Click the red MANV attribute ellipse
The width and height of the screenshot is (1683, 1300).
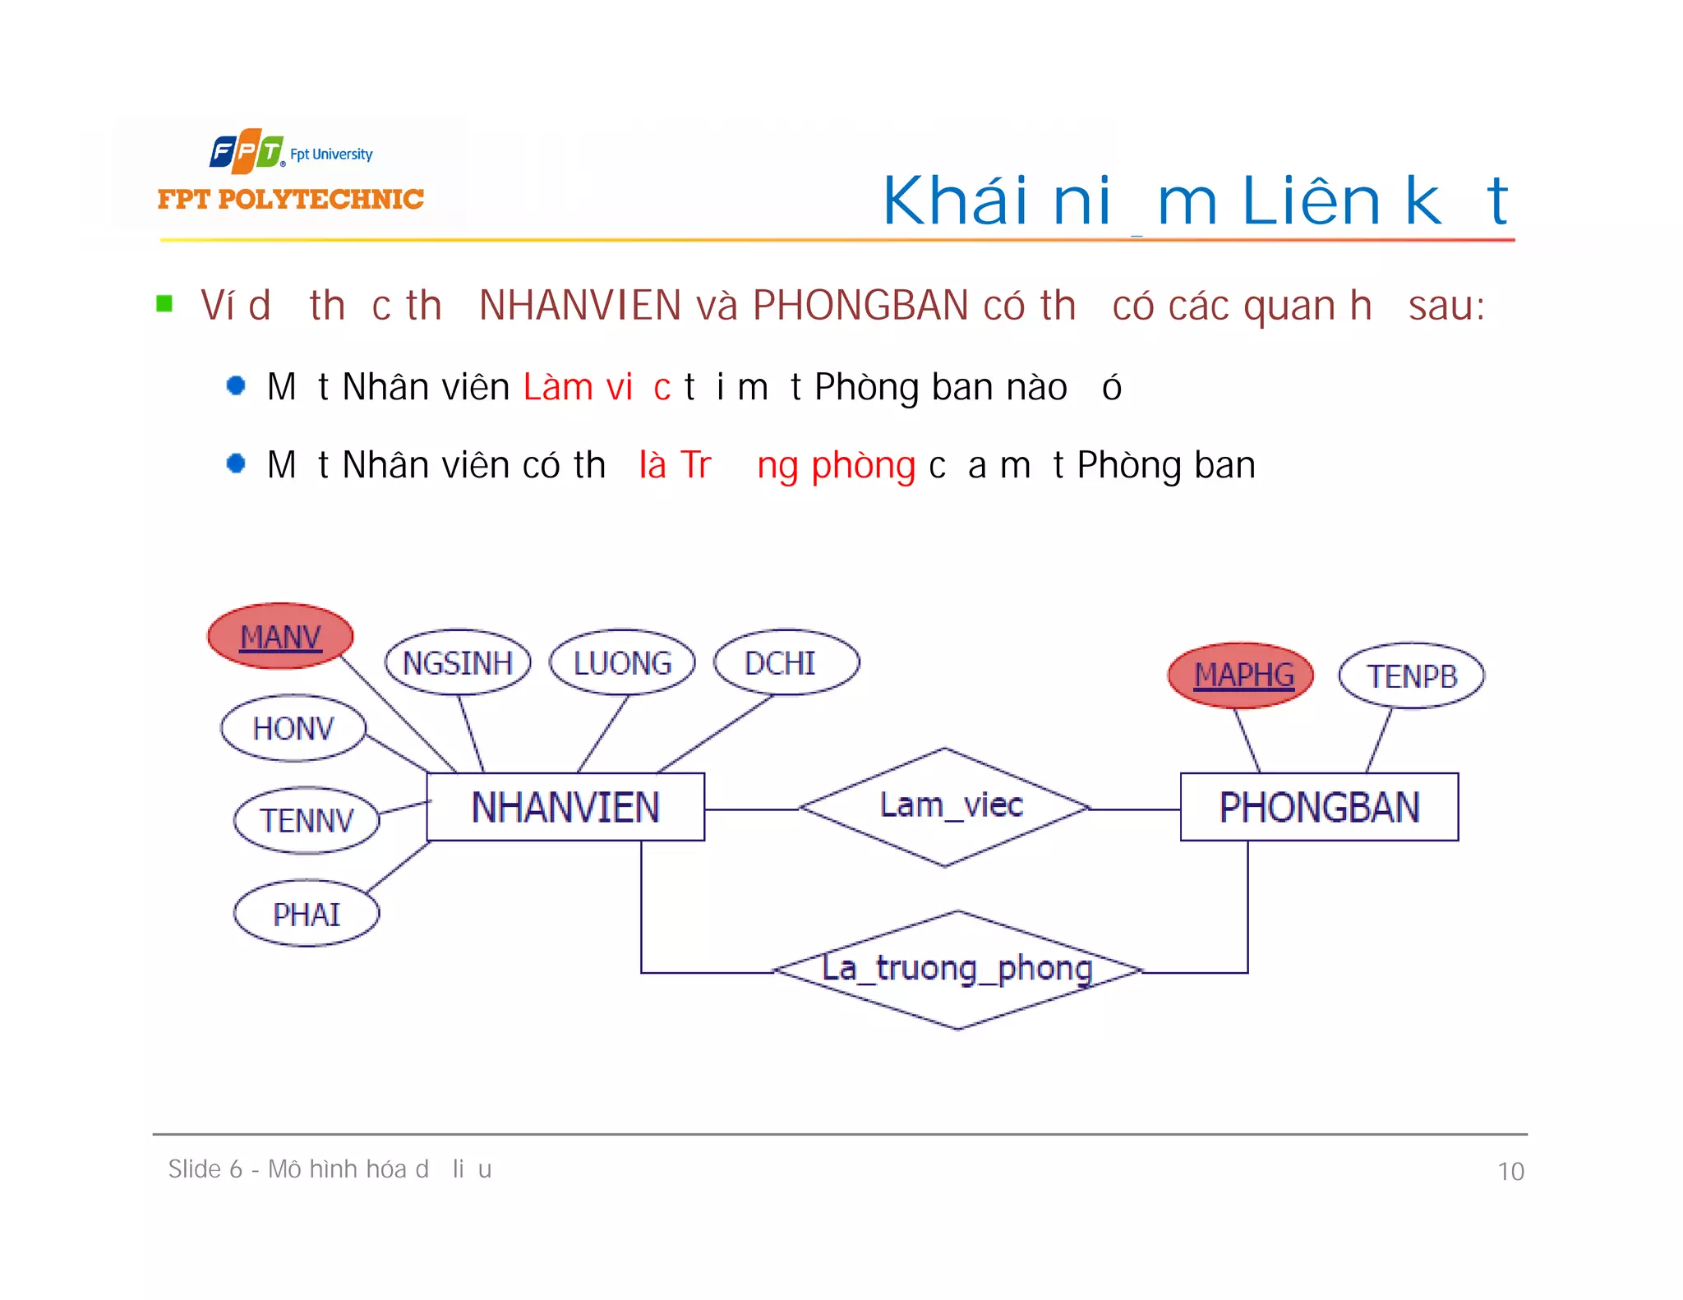point(280,636)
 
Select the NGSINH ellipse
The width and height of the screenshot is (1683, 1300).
point(458,662)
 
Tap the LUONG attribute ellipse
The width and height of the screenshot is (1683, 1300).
point(622,662)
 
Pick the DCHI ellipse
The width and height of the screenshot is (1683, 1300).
point(786,662)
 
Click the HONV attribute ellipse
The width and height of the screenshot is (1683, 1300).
point(293,728)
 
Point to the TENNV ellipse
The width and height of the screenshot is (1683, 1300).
point(307,820)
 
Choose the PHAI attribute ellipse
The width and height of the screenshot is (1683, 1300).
point(307,914)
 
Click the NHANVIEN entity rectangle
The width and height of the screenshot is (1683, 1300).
point(565,807)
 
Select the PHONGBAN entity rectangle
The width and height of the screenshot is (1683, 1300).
point(1319,807)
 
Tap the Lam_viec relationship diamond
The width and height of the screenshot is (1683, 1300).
point(945,807)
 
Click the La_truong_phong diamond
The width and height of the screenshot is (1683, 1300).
point(957,970)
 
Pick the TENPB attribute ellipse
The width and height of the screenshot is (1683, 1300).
point(1412,675)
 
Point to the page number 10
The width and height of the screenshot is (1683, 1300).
point(1510,1171)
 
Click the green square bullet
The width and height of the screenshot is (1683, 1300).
point(164,304)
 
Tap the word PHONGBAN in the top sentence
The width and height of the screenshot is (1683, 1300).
point(860,306)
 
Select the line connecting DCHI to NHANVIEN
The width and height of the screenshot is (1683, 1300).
point(715,733)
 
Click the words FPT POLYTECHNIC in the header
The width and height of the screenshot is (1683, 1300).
point(290,199)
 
